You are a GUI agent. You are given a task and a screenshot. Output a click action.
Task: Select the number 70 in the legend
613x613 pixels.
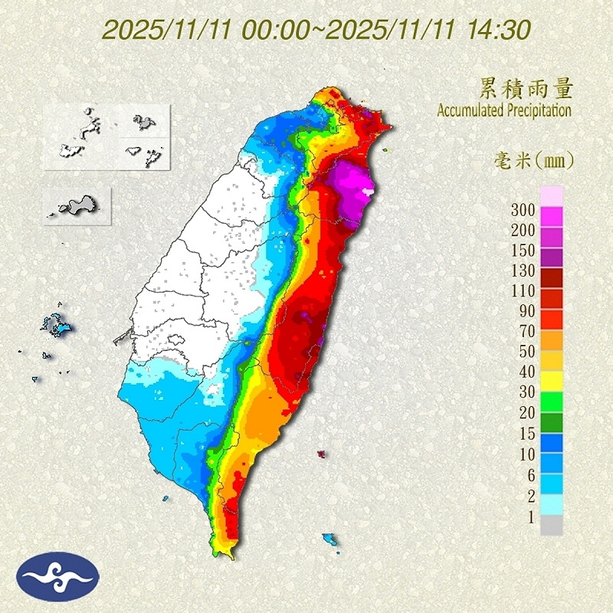click(x=525, y=332)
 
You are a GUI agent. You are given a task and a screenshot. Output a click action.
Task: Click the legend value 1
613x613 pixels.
click(x=527, y=517)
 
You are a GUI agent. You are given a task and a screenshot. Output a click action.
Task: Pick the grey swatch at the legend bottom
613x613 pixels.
click(x=552, y=526)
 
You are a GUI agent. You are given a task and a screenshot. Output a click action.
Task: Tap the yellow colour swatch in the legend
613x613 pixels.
click(x=552, y=381)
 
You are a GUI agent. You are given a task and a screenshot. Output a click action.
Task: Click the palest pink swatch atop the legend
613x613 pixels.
click(x=552, y=195)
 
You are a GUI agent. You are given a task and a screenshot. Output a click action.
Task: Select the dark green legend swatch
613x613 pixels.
click(x=552, y=422)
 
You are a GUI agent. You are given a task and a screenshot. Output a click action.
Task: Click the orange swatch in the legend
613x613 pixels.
click(x=552, y=339)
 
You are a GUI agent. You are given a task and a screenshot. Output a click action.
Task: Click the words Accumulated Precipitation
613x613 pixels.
click(x=504, y=110)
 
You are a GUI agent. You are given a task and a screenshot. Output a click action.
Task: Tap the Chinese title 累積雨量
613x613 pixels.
click(x=526, y=88)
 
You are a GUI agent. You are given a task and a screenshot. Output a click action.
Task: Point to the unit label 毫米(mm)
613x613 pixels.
click(x=532, y=161)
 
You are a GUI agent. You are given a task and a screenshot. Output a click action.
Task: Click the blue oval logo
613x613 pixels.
click(x=58, y=577)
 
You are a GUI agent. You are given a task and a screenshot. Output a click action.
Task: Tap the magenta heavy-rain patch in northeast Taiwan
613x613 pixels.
click(x=354, y=188)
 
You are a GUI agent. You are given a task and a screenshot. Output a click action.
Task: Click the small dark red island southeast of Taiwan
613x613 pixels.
click(x=321, y=454)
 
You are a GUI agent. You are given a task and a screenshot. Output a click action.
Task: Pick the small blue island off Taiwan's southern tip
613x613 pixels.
click(x=330, y=538)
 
